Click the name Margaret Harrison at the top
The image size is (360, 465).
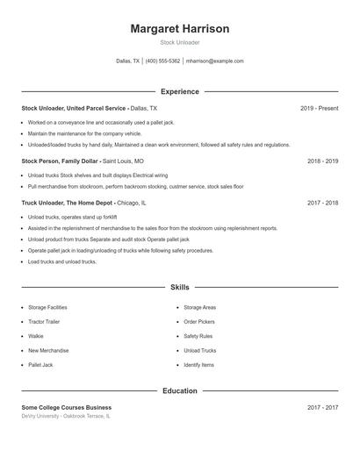pyautogui.click(x=180, y=29)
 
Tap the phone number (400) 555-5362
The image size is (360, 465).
pyautogui.click(x=162, y=61)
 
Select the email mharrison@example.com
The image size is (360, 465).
pyautogui.click(x=214, y=61)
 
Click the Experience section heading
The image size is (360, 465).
pyautogui.click(x=180, y=91)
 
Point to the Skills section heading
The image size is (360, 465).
pyautogui.click(x=180, y=287)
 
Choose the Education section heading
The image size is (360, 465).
pyautogui.click(x=180, y=390)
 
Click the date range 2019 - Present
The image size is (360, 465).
pyautogui.click(x=319, y=108)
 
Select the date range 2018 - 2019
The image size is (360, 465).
pyautogui.click(x=323, y=161)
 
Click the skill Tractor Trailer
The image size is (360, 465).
pyautogui.click(x=45, y=322)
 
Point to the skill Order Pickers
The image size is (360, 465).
pyautogui.click(x=198, y=322)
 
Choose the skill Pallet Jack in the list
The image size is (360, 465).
pyautogui.click(x=40, y=364)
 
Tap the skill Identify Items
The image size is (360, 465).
pyautogui.click(x=198, y=364)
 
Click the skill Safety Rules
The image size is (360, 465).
pyautogui.click(x=198, y=336)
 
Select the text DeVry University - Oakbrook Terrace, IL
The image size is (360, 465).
pyautogui.click(x=66, y=416)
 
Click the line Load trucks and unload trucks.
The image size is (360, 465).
pyautogui.click(x=61, y=261)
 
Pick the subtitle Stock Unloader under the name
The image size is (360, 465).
pyautogui.click(x=180, y=42)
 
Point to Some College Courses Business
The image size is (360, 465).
pyautogui.click(x=67, y=407)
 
